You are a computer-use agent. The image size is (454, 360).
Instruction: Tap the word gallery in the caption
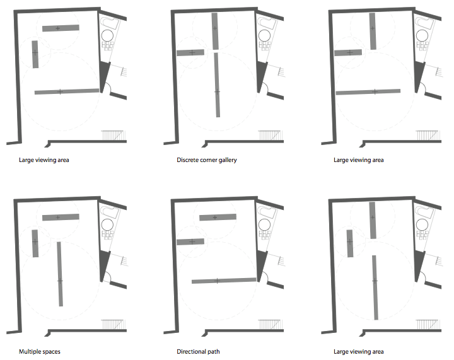coord(228,160)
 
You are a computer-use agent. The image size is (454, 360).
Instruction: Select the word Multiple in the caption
coord(29,352)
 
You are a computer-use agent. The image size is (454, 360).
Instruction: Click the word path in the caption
coord(213,352)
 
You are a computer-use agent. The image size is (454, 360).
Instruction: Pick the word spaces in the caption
coord(50,352)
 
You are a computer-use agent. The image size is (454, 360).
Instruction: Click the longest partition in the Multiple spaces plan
coord(60,274)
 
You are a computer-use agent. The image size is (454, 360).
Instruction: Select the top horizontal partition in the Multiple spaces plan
coord(61,217)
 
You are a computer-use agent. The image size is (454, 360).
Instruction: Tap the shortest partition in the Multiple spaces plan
coord(35,243)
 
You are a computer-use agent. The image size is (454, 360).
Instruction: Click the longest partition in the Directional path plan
coord(224,281)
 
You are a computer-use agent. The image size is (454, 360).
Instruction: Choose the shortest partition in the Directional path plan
coord(190,241)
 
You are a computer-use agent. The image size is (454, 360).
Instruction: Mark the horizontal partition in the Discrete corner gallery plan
coord(190,52)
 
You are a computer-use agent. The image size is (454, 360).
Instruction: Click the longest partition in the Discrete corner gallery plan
coord(217,84)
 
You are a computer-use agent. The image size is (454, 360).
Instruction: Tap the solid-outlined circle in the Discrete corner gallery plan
coord(264,36)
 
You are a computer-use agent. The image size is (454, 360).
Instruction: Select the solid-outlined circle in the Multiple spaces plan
coord(107,225)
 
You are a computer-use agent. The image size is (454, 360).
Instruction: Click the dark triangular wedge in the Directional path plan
coord(261,265)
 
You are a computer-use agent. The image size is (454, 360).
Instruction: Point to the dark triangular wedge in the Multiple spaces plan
coord(104,265)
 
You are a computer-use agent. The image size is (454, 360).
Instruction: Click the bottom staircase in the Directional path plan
coord(269,325)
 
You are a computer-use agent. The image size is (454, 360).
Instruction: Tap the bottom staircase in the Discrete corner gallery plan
coord(269,136)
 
